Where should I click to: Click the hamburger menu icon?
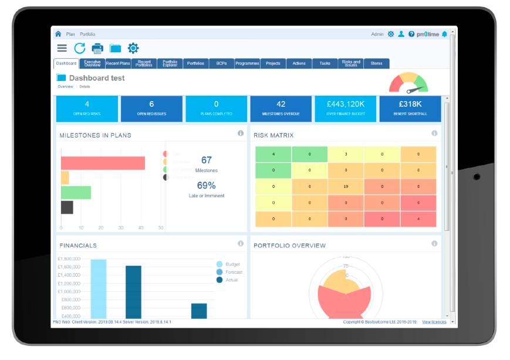(x=62, y=48)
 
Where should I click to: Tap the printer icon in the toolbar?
(x=97, y=48)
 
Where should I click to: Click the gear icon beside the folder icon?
(x=133, y=48)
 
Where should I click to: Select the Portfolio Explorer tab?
(x=170, y=63)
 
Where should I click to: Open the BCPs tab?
(x=221, y=63)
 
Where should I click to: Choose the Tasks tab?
(x=325, y=63)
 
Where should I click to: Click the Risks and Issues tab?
(x=351, y=63)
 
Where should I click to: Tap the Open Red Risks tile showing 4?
(x=87, y=108)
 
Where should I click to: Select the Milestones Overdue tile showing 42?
(x=281, y=108)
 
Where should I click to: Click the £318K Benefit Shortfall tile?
(x=410, y=108)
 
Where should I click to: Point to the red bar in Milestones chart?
(x=103, y=163)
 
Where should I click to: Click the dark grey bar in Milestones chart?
(x=67, y=207)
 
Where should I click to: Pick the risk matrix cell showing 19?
(x=346, y=187)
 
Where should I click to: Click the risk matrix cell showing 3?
(x=346, y=154)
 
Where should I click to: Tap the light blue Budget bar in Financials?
(x=99, y=288)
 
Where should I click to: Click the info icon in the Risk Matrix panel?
(x=434, y=134)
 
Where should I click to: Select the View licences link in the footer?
(x=434, y=322)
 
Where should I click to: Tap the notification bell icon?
(x=444, y=34)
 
